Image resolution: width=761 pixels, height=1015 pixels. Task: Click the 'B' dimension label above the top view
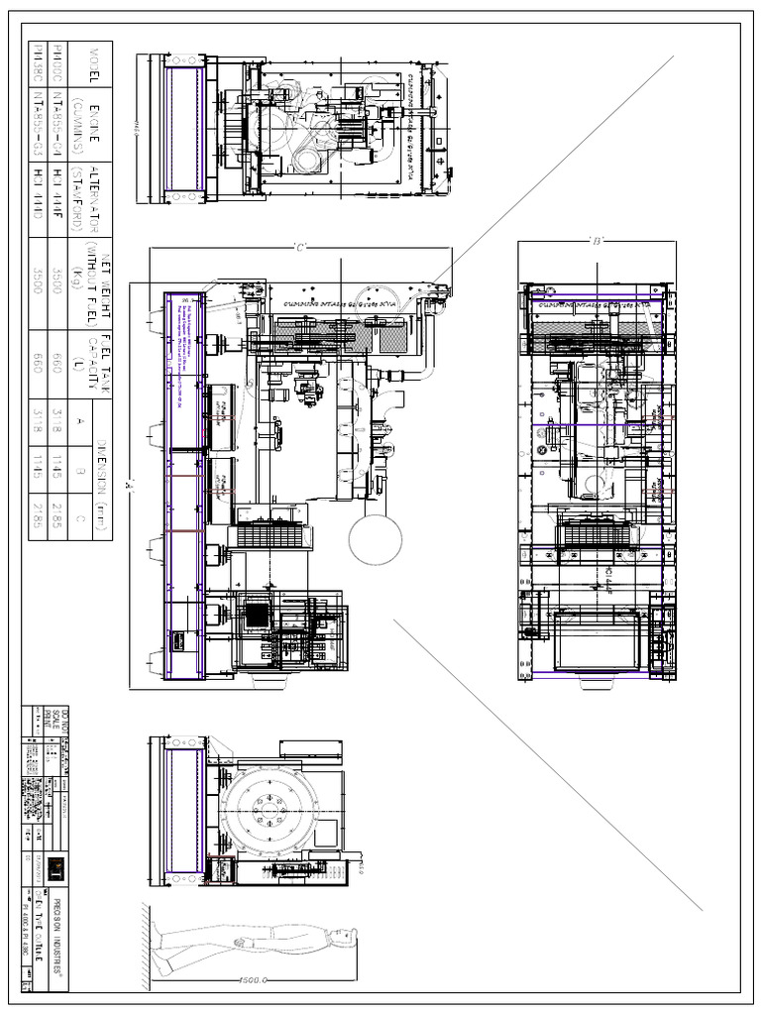tap(596, 240)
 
